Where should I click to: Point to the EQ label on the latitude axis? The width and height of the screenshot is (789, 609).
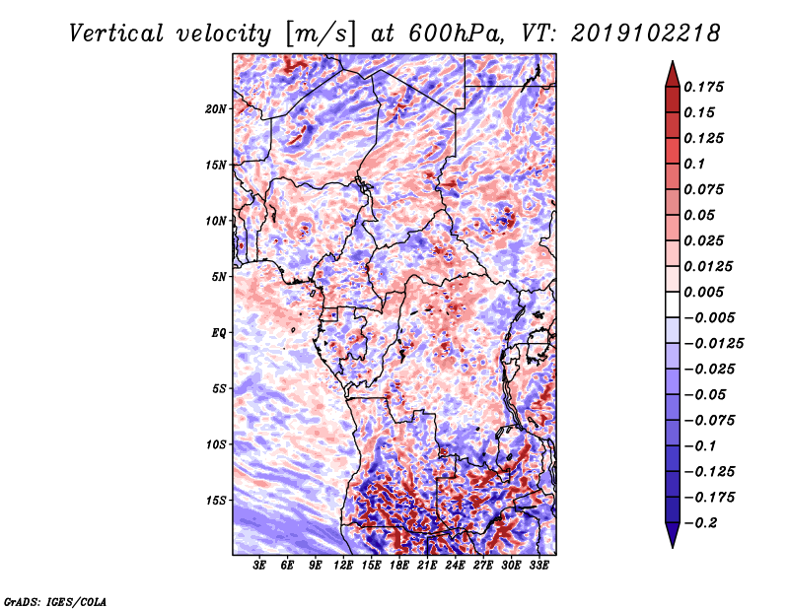coord(219,333)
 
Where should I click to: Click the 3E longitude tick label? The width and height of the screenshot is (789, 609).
coord(260,566)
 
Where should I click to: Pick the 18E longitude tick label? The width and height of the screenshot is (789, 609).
coord(399,566)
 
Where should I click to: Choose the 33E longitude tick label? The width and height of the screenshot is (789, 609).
coord(538,566)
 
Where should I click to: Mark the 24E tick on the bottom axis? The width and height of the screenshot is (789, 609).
coord(455,566)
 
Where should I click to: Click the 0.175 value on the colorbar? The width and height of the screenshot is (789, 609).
coord(705,87)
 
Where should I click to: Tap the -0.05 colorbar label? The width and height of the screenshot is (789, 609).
coord(705,394)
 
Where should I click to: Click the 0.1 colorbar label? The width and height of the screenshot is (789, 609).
coord(695,164)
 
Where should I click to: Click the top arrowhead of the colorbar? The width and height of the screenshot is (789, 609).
coord(671,71)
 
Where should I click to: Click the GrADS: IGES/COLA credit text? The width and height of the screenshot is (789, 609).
coord(54,600)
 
